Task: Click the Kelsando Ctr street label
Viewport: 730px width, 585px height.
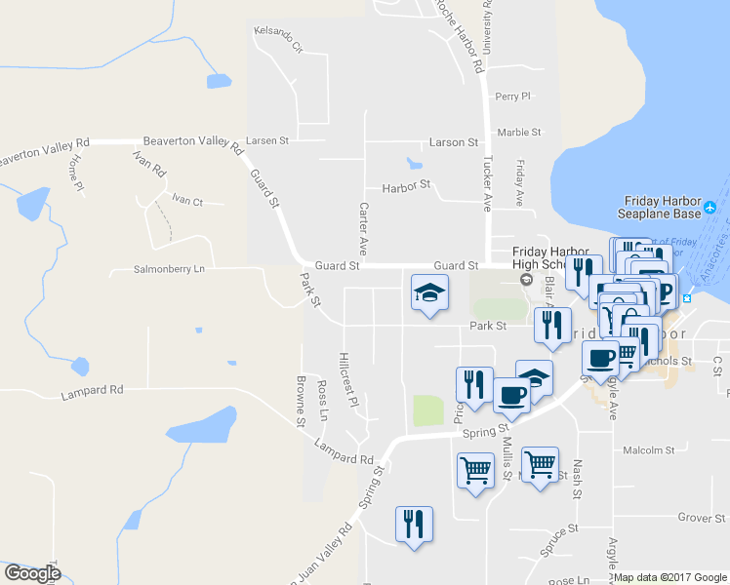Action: [278, 38]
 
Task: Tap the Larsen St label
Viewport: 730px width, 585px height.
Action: [267, 140]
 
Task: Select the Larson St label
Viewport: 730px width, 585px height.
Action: [452, 142]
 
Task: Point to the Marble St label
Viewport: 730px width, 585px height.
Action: [518, 133]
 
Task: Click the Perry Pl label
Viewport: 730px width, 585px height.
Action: [512, 97]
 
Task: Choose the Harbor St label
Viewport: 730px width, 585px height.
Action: [406, 185]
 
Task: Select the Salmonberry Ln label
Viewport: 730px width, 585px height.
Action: [171, 269]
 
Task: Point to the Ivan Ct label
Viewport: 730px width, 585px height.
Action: [186, 202]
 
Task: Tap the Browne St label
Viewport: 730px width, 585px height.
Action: [301, 402]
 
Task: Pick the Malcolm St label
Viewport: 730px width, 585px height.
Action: [649, 450]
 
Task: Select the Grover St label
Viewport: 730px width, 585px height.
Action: [697, 518]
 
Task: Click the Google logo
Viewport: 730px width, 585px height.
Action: [32, 573]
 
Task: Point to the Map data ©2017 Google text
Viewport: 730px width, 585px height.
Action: [670, 577]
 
